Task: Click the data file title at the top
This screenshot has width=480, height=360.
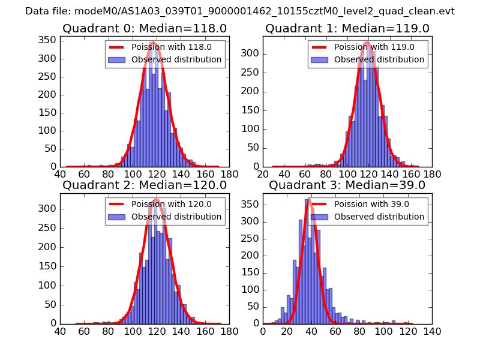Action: tap(240, 11)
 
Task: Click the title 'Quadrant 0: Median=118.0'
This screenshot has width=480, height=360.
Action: tap(144, 28)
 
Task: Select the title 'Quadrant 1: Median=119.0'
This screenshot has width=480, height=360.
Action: tap(347, 28)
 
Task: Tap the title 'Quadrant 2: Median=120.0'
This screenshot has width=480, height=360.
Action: tap(144, 185)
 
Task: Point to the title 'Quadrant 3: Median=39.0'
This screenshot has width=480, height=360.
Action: tap(347, 185)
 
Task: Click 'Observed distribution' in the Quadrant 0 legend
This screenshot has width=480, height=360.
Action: tap(176, 59)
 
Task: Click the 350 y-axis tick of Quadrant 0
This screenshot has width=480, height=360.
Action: tap(48, 41)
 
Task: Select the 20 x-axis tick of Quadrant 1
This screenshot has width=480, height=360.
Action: tap(263, 174)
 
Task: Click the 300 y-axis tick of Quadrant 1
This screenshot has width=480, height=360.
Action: tap(251, 53)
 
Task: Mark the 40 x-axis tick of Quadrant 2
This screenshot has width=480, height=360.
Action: tap(60, 331)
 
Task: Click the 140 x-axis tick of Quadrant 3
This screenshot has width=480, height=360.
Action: tap(432, 331)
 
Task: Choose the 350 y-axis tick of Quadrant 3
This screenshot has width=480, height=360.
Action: tap(251, 204)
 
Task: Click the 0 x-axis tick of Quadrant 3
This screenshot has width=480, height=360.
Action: tap(263, 331)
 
